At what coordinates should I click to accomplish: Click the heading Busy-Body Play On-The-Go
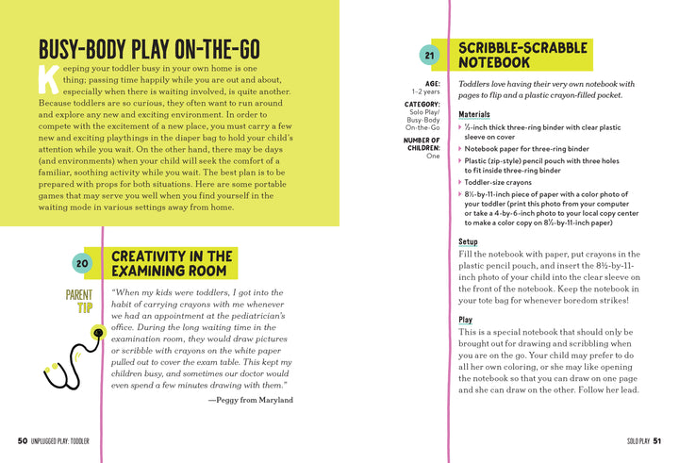(149, 50)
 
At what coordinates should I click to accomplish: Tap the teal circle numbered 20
(81, 264)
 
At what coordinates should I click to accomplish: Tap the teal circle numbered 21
(430, 56)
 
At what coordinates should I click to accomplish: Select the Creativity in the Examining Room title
(172, 263)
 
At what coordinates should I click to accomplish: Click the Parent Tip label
(79, 301)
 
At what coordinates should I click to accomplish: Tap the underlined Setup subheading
(468, 242)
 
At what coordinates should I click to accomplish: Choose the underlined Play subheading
(465, 321)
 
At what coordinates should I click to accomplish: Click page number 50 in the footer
(22, 440)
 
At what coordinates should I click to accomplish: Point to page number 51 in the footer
(656, 440)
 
